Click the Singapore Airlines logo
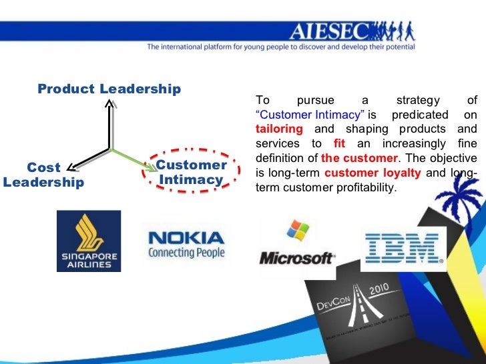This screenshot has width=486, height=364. (89, 241)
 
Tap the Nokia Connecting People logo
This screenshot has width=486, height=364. (186, 245)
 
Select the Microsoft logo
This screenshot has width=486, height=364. (297, 257)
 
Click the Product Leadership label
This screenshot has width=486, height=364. (109, 89)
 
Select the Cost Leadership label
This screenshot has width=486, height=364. (43, 175)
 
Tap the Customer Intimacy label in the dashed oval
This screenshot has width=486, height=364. (191, 172)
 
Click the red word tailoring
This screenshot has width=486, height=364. (279, 129)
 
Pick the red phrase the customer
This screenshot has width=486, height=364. (359, 159)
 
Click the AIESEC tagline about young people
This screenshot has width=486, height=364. (280, 47)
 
